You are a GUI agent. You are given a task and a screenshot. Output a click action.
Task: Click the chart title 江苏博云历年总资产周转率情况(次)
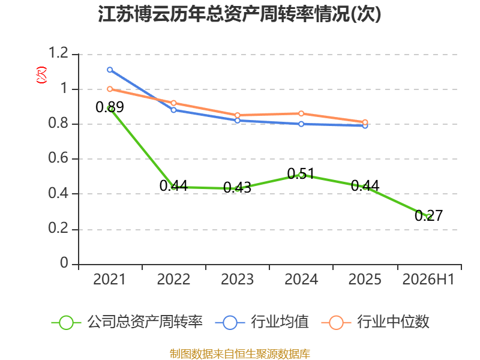(239, 14)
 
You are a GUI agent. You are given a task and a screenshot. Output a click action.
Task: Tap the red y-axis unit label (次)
(41, 75)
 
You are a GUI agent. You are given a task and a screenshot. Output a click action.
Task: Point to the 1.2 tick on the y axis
(58, 53)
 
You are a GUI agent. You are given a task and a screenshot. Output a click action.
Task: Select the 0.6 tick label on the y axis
(58, 158)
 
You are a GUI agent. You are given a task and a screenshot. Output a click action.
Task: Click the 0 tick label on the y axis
(64, 263)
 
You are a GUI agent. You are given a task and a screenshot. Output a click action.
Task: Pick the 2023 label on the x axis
(237, 279)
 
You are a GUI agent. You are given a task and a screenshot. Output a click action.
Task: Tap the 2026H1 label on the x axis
(428, 279)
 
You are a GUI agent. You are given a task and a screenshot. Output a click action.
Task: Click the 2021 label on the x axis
(109, 279)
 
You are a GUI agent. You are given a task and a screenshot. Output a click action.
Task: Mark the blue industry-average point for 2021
(110, 70)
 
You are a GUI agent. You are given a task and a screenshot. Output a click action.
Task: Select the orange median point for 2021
(110, 89)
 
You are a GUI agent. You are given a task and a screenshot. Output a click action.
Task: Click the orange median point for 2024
(301, 113)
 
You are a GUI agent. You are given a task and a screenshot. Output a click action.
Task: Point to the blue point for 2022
(173, 110)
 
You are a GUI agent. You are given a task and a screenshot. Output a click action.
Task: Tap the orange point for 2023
(238, 115)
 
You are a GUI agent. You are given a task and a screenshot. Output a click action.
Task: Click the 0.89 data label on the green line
(110, 107)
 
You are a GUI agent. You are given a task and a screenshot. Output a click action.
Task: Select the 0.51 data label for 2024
(301, 174)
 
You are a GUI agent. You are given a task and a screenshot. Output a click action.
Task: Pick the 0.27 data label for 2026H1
(428, 215)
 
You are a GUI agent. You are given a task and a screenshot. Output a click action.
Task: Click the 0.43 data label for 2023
(237, 188)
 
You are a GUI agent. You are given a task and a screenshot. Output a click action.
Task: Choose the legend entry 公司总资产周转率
(127, 322)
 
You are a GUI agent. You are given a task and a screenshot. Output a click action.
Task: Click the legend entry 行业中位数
(376, 322)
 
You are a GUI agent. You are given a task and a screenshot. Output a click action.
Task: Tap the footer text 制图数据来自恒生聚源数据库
(239, 353)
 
